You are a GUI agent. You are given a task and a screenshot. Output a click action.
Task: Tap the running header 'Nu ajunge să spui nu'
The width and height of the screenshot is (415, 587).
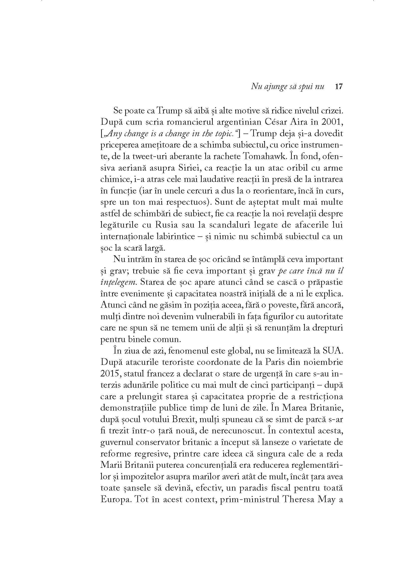pyautogui.click(x=288, y=87)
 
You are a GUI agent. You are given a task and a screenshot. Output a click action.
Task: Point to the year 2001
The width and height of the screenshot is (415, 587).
pyautogui.click(x=332, y=122)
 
